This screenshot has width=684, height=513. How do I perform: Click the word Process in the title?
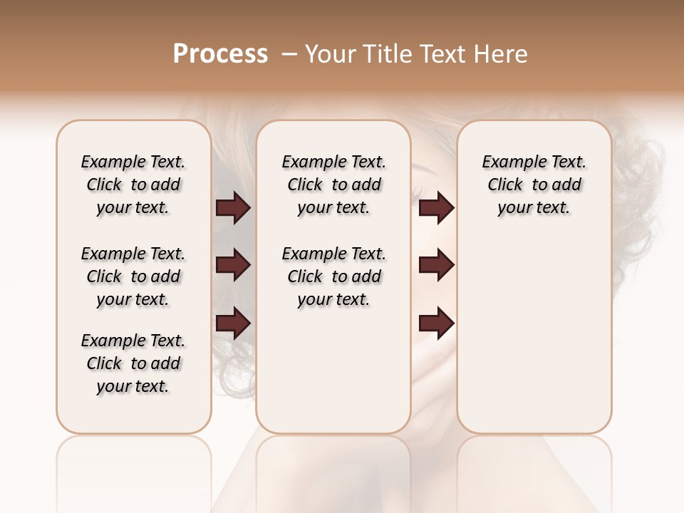[x=220, y=54]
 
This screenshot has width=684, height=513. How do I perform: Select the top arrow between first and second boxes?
[x=233, y=208]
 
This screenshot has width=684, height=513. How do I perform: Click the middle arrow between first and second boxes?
[x=233, y=265]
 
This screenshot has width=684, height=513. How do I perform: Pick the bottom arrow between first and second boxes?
[x=233, y=323]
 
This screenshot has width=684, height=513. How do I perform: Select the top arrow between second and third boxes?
[x=436, y=208]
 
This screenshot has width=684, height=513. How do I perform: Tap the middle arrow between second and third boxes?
[x=436, y=265]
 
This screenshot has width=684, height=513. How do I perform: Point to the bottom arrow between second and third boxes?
[x=436, y=323]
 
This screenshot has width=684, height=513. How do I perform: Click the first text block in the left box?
[x=133, y=185]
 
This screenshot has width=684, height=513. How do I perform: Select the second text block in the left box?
[x=133, y=276]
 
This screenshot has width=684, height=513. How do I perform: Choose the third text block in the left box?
[x=133, y=363]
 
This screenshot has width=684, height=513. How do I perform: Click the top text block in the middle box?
[x=333, y=185]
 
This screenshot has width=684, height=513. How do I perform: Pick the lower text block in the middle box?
[x=333, y=276]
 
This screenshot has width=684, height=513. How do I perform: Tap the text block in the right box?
[x=534, y=185]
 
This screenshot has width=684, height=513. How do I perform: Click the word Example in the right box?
[x=511, y=162]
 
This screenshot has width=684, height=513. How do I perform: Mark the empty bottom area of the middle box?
[x=333, y=378]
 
